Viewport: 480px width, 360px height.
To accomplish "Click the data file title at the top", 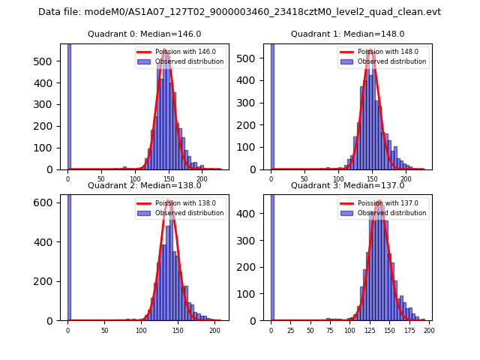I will pos(239,12).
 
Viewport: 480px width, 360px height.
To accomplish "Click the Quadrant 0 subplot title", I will pos(145,34).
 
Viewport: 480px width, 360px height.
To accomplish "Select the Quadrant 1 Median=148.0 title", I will pos(348,34).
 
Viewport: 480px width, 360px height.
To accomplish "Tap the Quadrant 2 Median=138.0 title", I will pos(145,185).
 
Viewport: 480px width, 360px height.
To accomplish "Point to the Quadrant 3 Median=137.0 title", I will pos(348,185).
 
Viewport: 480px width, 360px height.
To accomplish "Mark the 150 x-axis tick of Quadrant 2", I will pos(178,330).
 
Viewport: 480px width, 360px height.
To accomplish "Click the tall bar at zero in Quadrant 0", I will pos(69,105).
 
